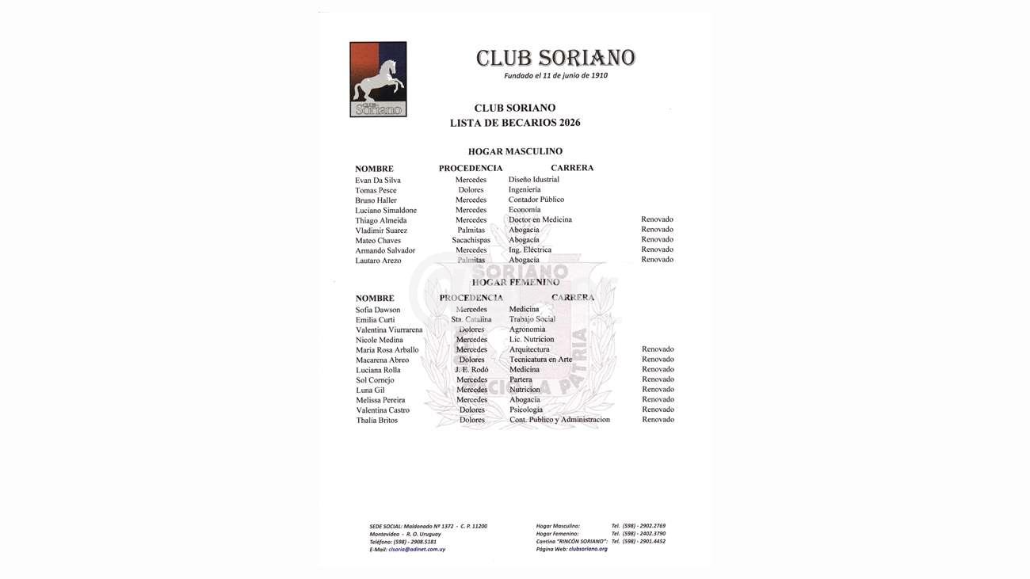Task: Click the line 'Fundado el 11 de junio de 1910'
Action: tap(555, 76)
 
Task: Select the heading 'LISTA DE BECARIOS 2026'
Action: tap(515, 123)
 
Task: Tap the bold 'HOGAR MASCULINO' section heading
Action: tap(515, 151)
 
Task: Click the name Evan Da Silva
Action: tap(378, 181)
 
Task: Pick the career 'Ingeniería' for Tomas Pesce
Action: tap(525, 190)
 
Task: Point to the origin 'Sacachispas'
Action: tap(471, 241)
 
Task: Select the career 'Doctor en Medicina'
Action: tap(540, 220)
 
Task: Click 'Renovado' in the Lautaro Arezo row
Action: tap(657, 260)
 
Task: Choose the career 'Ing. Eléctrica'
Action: tap(529, 250)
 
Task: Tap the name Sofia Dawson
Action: tap(378, 310)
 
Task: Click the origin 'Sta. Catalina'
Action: tap(471, 320)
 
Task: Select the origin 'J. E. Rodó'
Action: tap(471, 370)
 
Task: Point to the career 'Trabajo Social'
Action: tap(532, 320)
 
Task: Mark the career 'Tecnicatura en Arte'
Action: tap(540, 360)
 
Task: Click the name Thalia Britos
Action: tap(376, 421)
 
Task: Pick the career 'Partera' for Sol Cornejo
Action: tap(521, 380)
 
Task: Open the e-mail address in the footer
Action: tap(417, 550)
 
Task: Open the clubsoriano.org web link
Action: tap(588, 549)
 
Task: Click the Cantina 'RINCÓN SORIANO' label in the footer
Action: tap(571, 541)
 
